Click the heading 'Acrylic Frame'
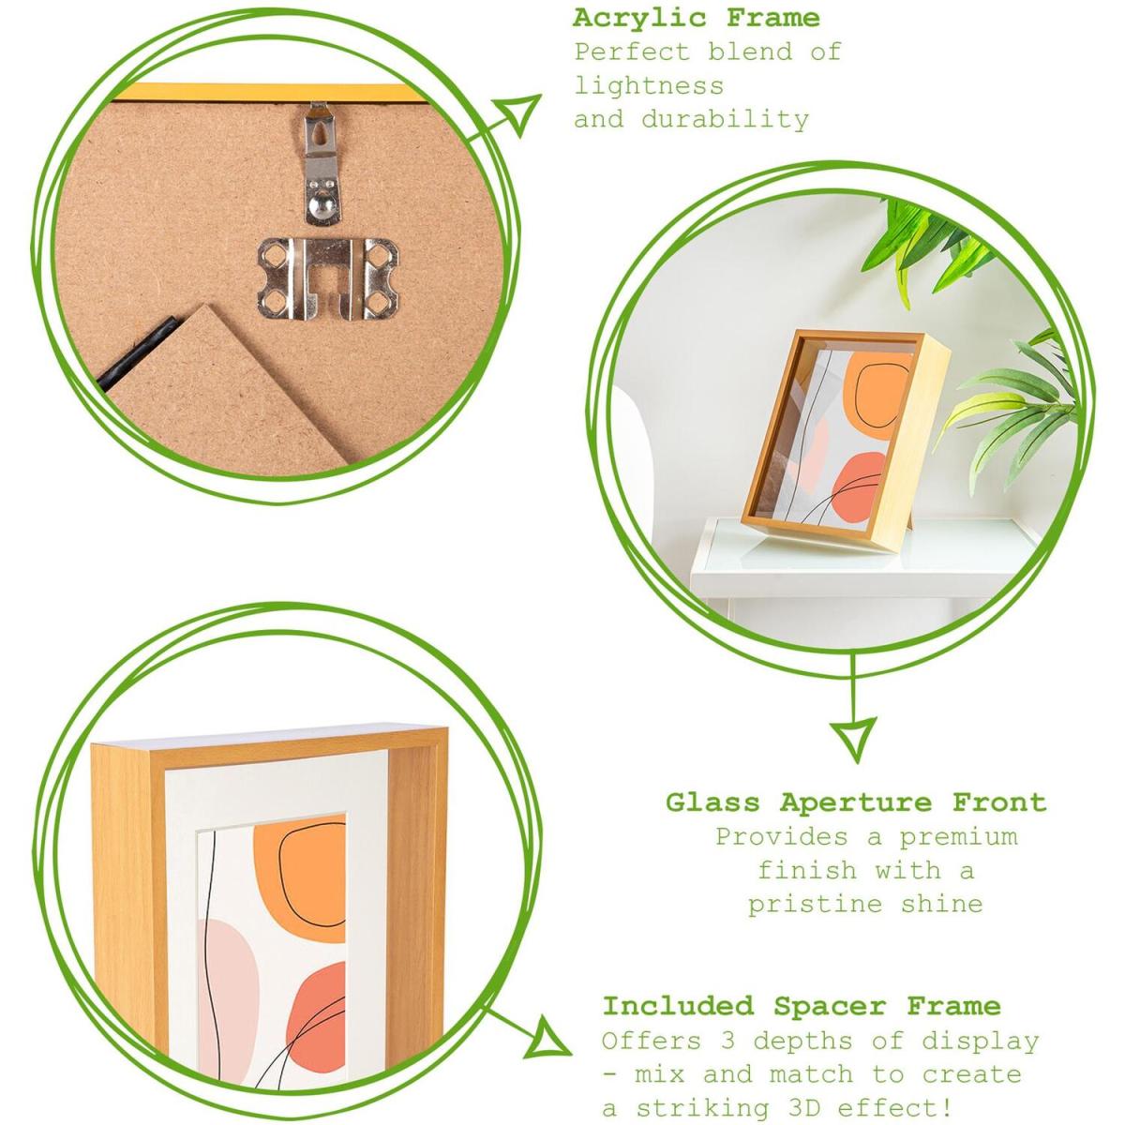click(696, 18)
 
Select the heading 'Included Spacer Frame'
click(802, 1005)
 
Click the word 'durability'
click(725, 119)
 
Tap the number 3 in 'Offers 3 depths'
click(727, 1041)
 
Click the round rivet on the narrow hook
click(321, 202)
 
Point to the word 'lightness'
click(649, 86)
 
